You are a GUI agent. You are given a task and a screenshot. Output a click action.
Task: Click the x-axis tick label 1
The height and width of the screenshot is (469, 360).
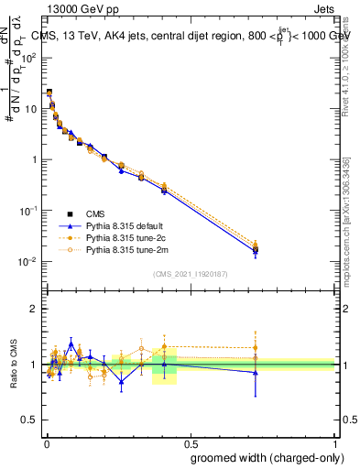(x=336, y=441)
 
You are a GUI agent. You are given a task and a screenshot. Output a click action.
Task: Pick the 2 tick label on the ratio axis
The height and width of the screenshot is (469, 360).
(x=34, y=309)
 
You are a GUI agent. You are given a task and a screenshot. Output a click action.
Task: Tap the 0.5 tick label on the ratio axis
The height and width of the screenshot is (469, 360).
(x=30, y=420)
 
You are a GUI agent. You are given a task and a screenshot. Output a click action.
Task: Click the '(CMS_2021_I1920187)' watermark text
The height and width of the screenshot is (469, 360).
(x=190, y=274)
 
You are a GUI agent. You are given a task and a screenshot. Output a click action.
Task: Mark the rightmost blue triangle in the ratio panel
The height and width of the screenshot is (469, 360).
(x=255, y=372)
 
